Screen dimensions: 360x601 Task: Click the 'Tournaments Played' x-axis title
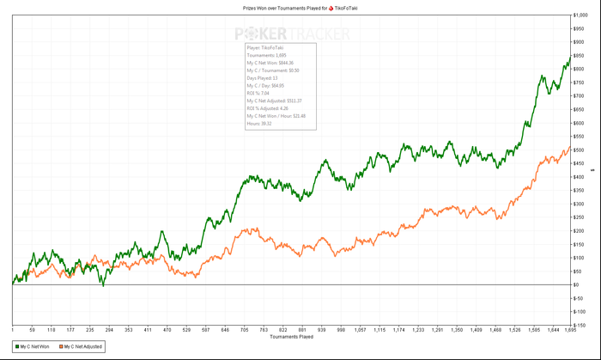pyautogui.click(x=292, y=336)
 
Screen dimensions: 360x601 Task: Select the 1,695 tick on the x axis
pyautogui.click(x=570, y=329)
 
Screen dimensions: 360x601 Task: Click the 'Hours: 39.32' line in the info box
pyautogui.click(x=258, y=124)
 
